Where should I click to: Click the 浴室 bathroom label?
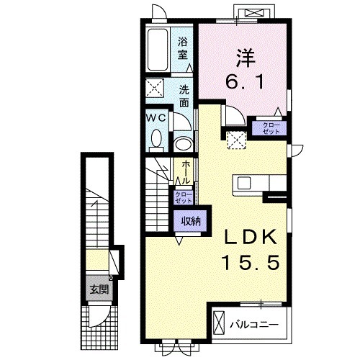point(183,49)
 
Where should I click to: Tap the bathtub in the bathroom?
point(158,50)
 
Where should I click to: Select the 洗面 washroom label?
point(184,96)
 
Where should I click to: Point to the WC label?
point(156,118)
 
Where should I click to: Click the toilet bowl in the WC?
point(156,138)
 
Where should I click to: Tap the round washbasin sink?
point(183,144)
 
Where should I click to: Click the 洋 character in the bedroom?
point(246,58)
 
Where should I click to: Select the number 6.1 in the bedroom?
point(244,81)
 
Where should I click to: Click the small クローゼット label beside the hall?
point(184,197)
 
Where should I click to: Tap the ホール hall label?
point(186,172)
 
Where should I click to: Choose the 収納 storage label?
point(191,221)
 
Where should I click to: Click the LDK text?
point(250,237)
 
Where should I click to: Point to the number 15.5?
point(251,262)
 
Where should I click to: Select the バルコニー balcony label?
point(254,325)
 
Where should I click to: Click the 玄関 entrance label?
point(99,290)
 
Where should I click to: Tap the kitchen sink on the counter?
point(244,184)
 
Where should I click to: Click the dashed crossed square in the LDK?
point(237,140)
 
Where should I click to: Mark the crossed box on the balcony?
point(218,323)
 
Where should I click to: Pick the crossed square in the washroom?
point(155,88)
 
